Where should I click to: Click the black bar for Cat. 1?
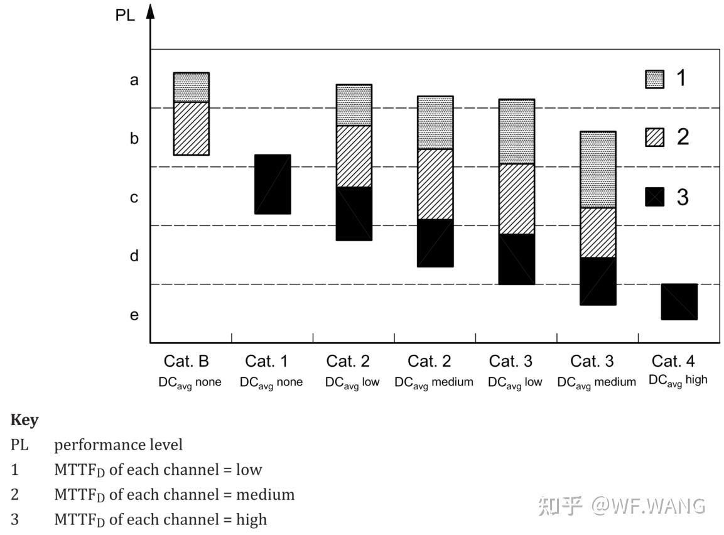pyautogui.click(x=273, y=184)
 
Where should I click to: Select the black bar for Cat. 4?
pyautogui.click(x=679, y=302)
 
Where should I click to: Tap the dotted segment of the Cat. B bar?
pyautogui.click(x=191, y=87)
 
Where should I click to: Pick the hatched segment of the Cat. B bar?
pyautogui.click(x=191, y=128)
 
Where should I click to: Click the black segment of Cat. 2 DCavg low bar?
pyautogui.click(x=354, y=213)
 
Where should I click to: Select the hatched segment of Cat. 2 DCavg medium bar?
pyautogui.click(x=435, y=184)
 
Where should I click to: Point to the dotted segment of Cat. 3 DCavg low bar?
pyautogui.click(x=517, y=132)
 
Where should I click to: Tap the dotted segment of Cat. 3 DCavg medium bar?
pyautogui.click(x=598, y=170)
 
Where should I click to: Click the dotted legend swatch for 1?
pyautogui.click(x=655, y=79)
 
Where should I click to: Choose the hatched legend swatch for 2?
pyautogui.click(x=655, y=138)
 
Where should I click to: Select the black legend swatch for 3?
pyautogui.click(x=655, y=197)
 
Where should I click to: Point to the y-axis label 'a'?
pyautogui.click(x=134, y=80)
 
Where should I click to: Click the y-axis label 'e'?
pyautogui.click(x=134, y=315)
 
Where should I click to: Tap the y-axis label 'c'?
pyautogui.click(x=134, y=198)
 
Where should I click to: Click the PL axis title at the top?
pyautogui.click(x=125, y=15)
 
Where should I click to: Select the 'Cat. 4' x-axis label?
pyautogui.click(x=673, y=361)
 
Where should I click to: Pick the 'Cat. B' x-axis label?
pyautogui.click(x=186, y=361)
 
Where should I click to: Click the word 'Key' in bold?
pyautogui.click(x=24, y=420)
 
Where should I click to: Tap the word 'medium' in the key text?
pyautogui.click(x=266, y=494)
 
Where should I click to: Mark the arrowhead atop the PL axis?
pyautogui.click(x=150, y=11)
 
